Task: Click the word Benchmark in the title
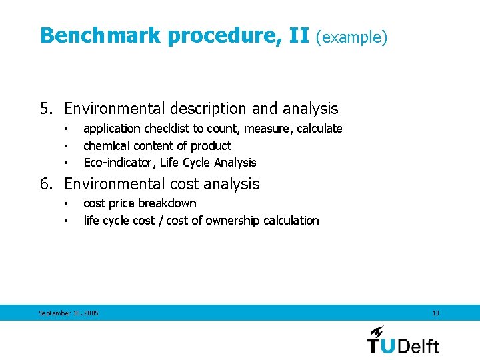click(101, 35)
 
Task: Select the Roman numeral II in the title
click(299, 35)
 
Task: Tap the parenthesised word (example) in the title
click(351, 37)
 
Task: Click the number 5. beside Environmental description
click(46, 109)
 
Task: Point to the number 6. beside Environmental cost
click(46, 184)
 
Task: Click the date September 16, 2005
click(69, 313)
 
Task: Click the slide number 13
click(435, 313)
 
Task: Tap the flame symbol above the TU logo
click(377, 331)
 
